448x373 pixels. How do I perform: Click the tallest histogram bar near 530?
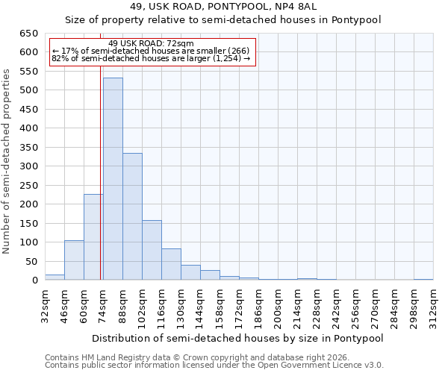[113, 179]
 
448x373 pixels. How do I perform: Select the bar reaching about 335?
[132, 216]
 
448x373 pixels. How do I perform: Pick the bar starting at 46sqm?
[74, 260]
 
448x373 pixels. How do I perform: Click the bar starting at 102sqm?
[152, 250]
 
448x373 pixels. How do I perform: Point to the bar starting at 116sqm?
[171, 264]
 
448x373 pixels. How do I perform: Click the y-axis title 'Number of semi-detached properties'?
[7, 161]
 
